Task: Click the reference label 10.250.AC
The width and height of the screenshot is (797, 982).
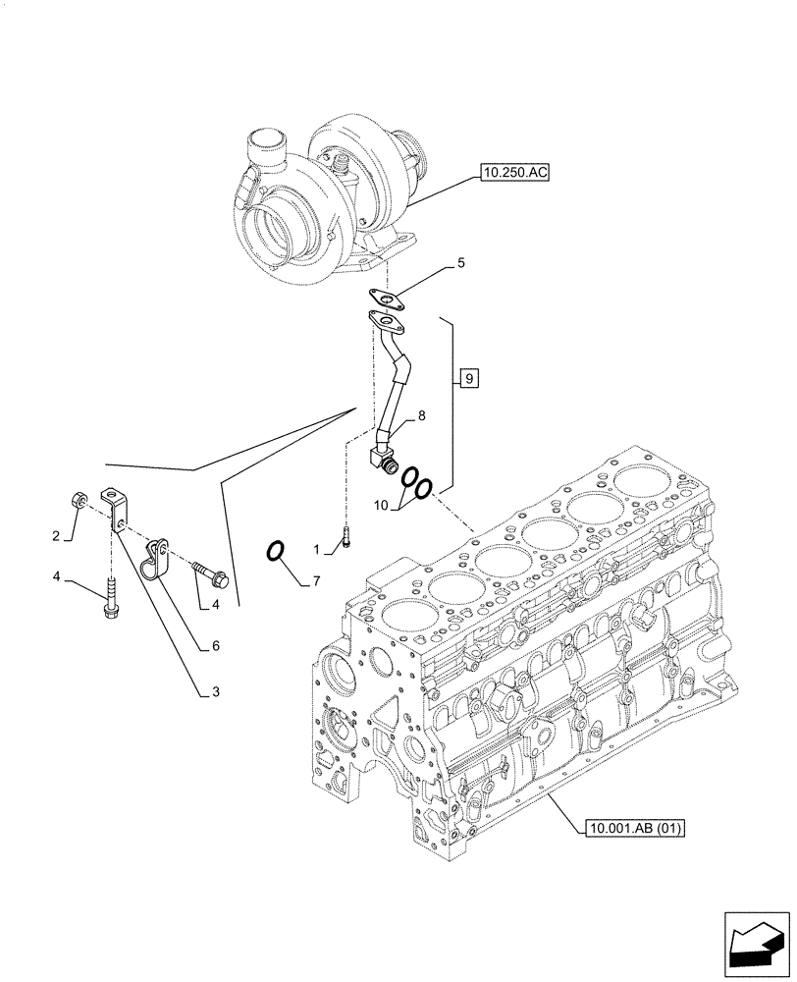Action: [514, 174]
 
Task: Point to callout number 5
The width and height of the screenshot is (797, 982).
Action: [460, 263]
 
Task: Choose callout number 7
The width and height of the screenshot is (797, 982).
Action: [317, 581]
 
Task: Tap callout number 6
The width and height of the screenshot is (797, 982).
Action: [213, 645]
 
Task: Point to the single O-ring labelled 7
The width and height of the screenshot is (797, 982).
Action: [277, 552]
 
